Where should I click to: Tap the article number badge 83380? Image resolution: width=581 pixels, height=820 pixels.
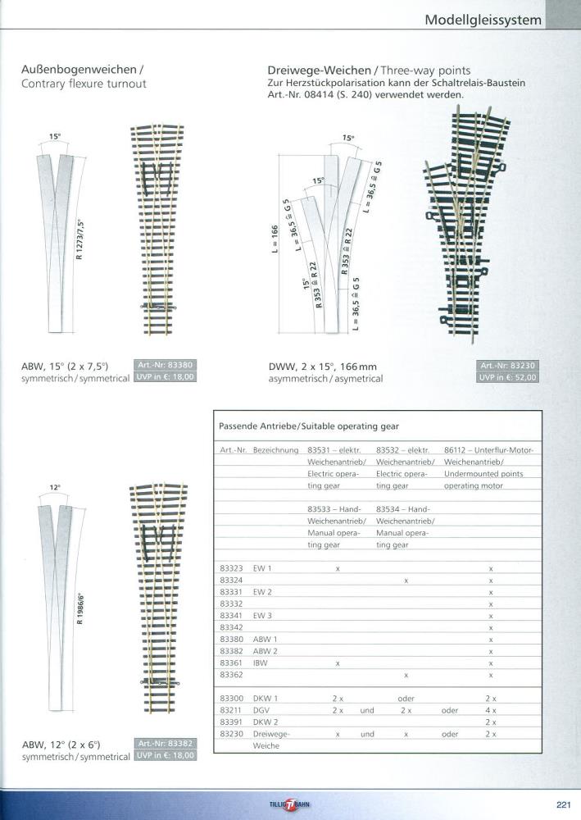[x=164, y=365]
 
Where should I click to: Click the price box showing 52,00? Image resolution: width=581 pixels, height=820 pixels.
[x=508, y=377]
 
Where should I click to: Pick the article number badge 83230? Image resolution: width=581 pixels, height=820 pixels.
[x=508, y=366]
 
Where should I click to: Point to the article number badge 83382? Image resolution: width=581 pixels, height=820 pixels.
[x=164, y=743]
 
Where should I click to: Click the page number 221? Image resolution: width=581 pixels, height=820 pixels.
[x=563, y=803]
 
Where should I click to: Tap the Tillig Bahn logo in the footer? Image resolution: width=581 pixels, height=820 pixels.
[x=291, y=804]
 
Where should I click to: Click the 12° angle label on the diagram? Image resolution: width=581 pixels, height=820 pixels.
[x=55, y=487]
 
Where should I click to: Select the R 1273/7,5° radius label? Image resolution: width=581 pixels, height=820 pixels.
[x=80, y=239]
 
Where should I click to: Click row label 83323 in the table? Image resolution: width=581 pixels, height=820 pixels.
[x=231, y=568]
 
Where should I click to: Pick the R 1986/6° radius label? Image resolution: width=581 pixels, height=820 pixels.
[x=80, y=607]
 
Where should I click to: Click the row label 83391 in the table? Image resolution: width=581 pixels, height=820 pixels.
[x=231, y=722]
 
